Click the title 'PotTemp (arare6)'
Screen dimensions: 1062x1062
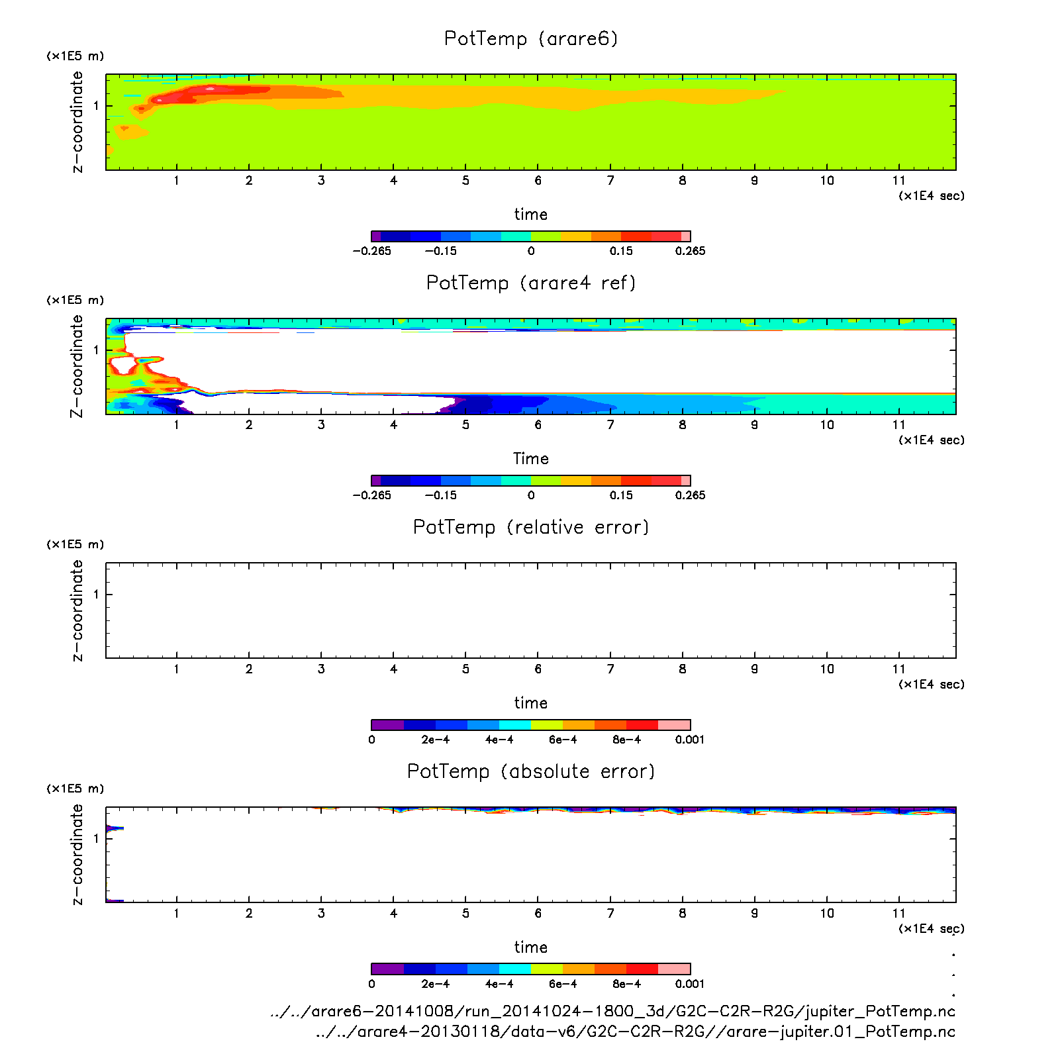[x=531, y=39]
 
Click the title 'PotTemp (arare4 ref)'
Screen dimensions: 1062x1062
[x=531, y=283]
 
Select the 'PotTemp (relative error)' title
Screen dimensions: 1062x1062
[x=531, y=528]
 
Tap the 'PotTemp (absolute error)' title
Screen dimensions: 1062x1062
[x=531, y=772]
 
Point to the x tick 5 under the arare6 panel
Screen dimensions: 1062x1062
[x=466, y=181]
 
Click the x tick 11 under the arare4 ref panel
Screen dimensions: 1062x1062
[x=898, y=425]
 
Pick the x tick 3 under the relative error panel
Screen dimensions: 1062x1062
[x=321, y=669]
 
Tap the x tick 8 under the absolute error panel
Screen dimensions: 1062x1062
[x=683, y=914]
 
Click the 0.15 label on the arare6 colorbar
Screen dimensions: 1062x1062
[x=621, y=251]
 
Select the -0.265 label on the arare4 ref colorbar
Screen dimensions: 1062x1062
[x=371, y=495]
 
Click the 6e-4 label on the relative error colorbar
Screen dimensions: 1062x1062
[x=563, y=740]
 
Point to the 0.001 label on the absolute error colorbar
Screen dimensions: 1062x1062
[x=690, y=984]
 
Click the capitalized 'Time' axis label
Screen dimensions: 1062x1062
[x=531, y=459]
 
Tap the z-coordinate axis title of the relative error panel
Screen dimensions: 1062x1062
[x=77, y=610]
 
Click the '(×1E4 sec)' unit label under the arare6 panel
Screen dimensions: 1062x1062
[x=931, y=196]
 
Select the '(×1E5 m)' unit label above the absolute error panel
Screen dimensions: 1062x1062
[x=75, y=789]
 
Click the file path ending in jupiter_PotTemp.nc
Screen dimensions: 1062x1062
[x=612, y=1012]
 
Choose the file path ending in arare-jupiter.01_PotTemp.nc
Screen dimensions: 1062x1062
[x=636, y=1032]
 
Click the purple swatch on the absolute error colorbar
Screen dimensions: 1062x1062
[x=387, y=969]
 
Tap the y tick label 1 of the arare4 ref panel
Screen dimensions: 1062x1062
[x=96, y=350]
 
